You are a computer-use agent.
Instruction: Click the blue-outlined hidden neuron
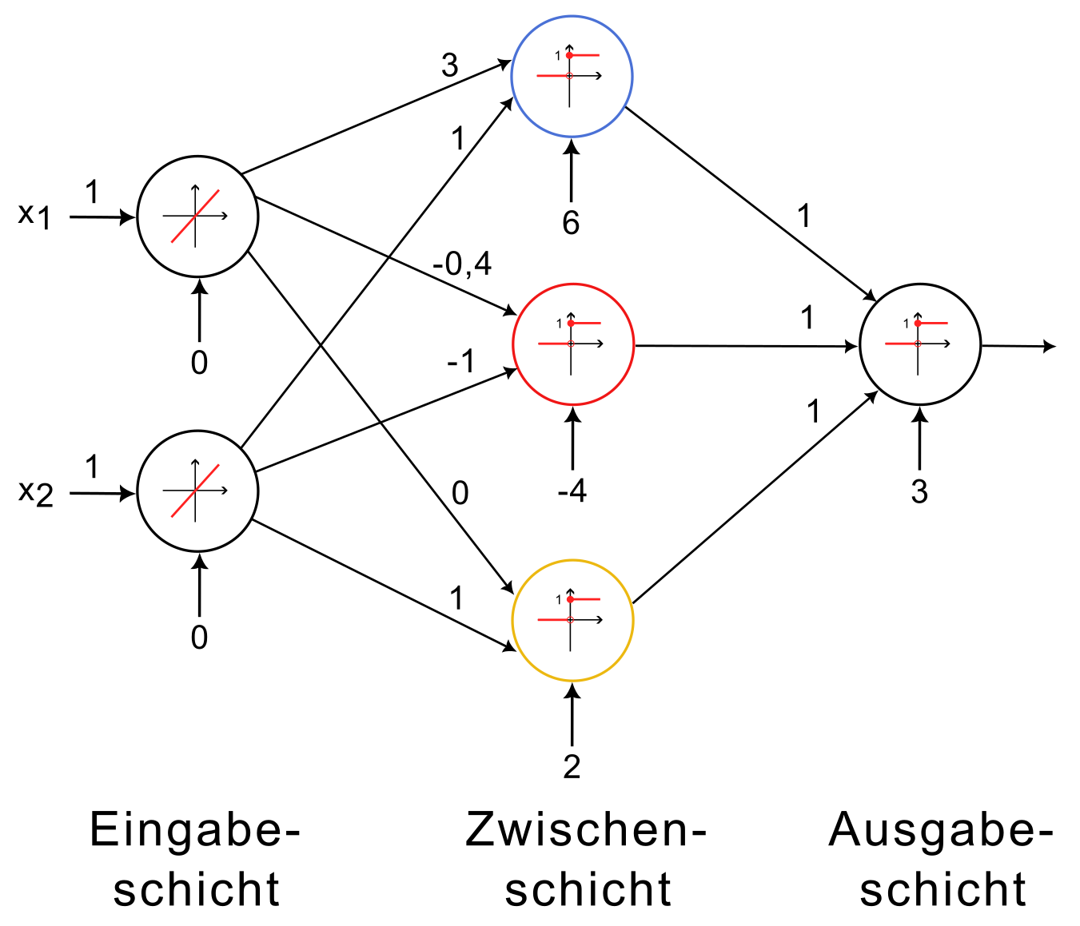pos(572,77)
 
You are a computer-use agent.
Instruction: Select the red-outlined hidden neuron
pos(572,344)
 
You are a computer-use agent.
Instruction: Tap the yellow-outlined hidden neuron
pos(572,621)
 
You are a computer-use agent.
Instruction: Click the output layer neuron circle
pos(919,345)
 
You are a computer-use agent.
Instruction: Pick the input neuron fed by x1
pos(197,216)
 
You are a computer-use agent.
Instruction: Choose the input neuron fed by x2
pos(197,491)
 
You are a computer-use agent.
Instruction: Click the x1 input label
pos(35,215)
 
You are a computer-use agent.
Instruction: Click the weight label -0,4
pos(462,263)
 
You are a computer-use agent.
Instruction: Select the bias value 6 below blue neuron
pos(571,223)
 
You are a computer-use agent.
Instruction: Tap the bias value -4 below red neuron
pos(572,491)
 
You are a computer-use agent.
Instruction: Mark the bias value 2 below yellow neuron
pos(572,766)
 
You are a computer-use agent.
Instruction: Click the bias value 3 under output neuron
pos(919,491)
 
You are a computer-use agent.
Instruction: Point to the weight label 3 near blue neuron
pos(449,65)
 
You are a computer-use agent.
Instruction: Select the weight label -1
pos(460,362)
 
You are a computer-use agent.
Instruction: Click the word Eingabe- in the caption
pos(194,830)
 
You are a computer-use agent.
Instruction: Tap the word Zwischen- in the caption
pos(586,830)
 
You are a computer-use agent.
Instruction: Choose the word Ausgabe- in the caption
pos(941,830)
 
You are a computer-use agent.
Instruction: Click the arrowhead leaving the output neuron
pos(1049,346)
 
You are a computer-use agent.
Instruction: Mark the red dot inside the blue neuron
pos(569,55)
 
